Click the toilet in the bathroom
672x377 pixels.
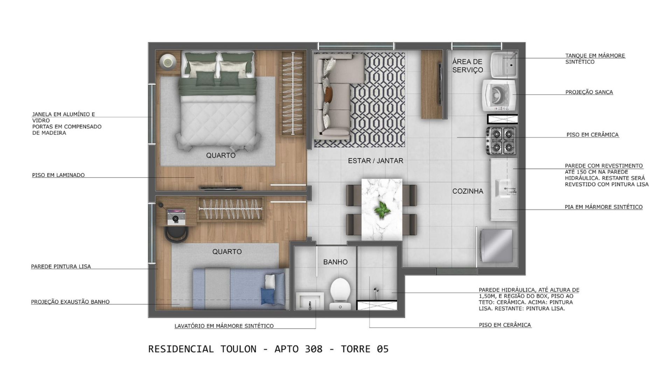point(340,293)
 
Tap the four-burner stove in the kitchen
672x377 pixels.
point(501,141)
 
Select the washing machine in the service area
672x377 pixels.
point(500,95)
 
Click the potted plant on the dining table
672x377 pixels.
point(381,210)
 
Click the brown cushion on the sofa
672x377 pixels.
point(328,94)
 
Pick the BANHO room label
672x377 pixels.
point(335,262)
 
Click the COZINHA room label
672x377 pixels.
point(468,191)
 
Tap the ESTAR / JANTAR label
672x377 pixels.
point(376,161)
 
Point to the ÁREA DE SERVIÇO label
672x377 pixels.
point(468,66)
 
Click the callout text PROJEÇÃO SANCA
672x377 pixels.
point(589,92)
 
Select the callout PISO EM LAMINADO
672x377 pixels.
point(58,175)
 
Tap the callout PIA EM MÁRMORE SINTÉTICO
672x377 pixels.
point(603,207)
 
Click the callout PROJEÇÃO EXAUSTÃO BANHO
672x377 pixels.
point(70,302)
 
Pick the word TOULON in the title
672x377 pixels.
point(238,349)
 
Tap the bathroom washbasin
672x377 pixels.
point(310,301)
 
